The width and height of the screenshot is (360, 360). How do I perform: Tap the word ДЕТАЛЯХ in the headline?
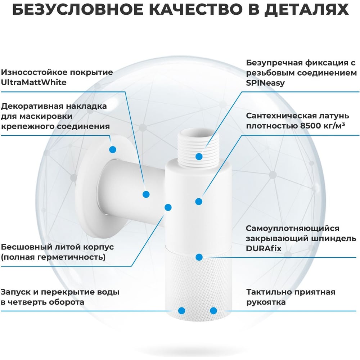pyautogui.click(x=307, y=10)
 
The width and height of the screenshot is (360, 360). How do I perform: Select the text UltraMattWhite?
pyautogui.click(x=33, y=82)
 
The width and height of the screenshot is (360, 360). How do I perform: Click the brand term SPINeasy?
pyautogui.click(x=265, y=83)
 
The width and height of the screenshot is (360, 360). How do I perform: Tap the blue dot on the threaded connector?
pyautogui.click(x=199, y=157)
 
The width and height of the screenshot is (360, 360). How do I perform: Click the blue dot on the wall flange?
pyautogui.click(x=112, y=149)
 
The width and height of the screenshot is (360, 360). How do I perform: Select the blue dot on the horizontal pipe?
pyautogui.click(x=146, y=194)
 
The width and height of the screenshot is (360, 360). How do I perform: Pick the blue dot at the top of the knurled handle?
pyautogui.click(x=199, y=257)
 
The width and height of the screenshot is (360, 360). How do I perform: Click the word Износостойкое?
pyautogui.click(x=34, y=72)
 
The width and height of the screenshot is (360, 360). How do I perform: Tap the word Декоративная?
pyautogui.click(x=32, y=106)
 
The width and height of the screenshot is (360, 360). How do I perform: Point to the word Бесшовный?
pyautogui.click(x=26, y=247)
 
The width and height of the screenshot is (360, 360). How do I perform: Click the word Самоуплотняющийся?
pyautogui.click(x=292, y=229)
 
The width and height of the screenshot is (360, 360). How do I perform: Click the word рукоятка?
pyautogui.click(x=266, y=302)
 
